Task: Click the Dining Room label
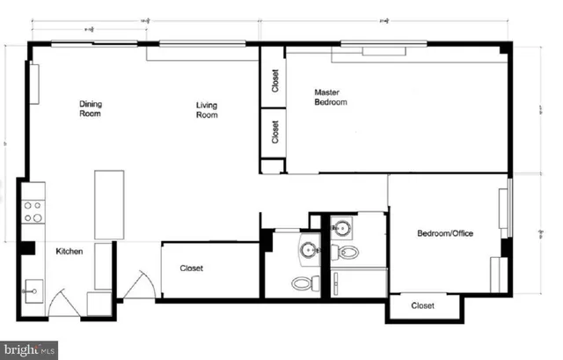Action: pyautogui.click(x=91, y=108)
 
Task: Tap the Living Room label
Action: pyautogui.click(x=207, y=110)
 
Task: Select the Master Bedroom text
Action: pyautogui.click(x=331, y=97)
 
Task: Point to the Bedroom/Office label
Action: pyautogui.click(x=444, y=233)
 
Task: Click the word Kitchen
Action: pyautogui.click(x=69, y=252)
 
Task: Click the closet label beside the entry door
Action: pyautogui.click(x=194, y=268)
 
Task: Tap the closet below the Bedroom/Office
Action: pyautogui.click(x=423, y=305)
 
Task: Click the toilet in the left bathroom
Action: pyautogui.click(x=301, y=283)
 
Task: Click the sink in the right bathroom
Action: pyautogui.click(x=340, y=229)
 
